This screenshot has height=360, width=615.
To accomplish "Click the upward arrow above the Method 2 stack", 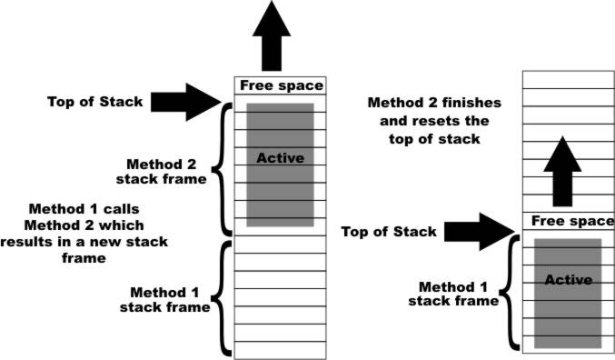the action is pos(272,35).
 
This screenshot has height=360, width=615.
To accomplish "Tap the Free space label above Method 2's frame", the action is pos(282,85).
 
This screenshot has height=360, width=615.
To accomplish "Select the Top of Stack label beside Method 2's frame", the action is pos(94,102).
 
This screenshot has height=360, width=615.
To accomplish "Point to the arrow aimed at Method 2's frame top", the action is pos(186,102).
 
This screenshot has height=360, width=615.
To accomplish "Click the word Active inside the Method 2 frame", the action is pos(281,158).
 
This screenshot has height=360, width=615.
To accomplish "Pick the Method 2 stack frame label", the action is pos(161,172).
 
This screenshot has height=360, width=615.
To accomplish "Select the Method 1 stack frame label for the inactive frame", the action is pos(164,299).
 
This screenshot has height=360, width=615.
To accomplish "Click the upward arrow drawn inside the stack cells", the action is pos(562,171).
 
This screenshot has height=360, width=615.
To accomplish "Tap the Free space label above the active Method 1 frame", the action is pos(572,221).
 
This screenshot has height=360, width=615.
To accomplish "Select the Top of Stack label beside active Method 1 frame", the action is pos(389,232).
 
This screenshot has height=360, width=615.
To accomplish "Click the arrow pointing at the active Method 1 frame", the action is pos(480,232).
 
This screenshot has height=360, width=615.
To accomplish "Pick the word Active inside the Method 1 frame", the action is pos(569,280).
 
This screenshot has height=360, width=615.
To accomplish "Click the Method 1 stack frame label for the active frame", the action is pos(453,294).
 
